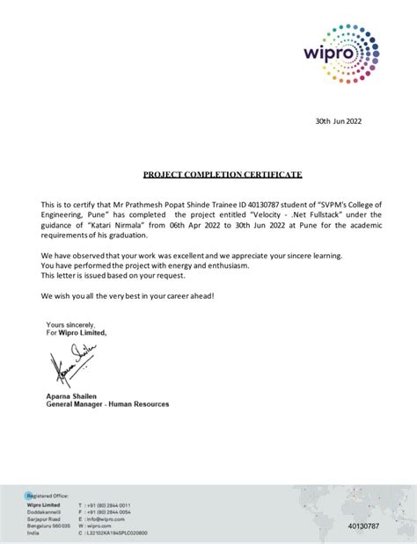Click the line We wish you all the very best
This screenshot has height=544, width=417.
tap(127, 294)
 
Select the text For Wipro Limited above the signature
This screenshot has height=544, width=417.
tap(77, 333)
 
